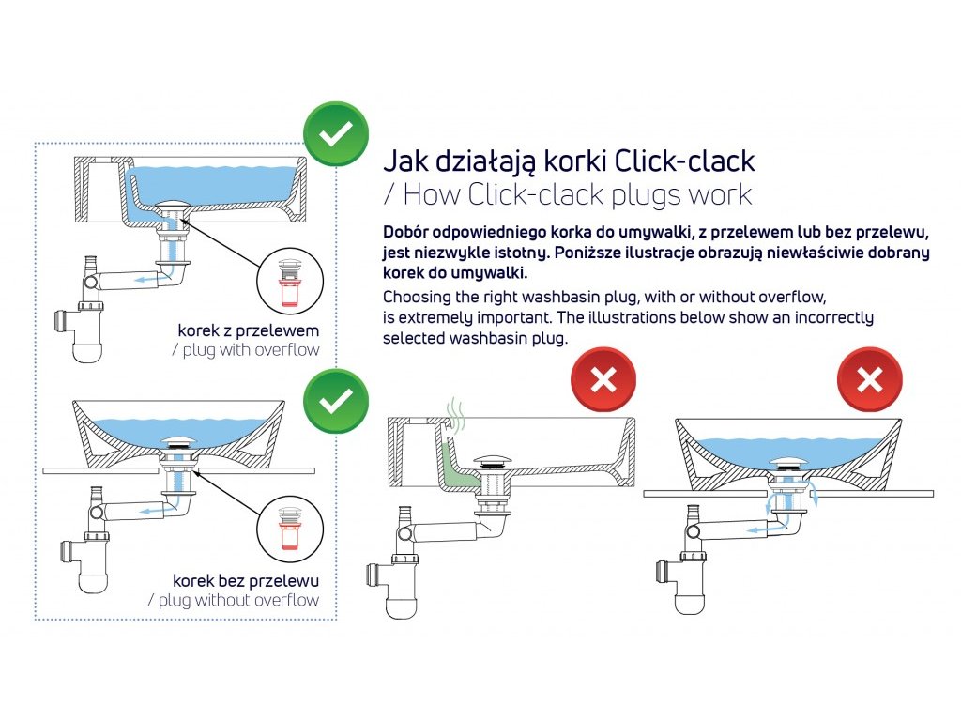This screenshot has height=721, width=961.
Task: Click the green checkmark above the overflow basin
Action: pos(336,133)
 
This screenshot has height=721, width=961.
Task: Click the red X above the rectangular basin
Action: pos(603,379)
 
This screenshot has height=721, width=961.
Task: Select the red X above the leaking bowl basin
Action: pos(870,379)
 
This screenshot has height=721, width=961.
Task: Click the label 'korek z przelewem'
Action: pos(248,330)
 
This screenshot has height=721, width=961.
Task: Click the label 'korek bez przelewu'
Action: pos(246,580)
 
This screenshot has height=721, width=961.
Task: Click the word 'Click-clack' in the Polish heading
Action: pos(684,161)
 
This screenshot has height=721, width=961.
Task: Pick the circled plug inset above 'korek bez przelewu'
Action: pos(289,529)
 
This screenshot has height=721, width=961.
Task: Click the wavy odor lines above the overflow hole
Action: pos(454,414)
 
